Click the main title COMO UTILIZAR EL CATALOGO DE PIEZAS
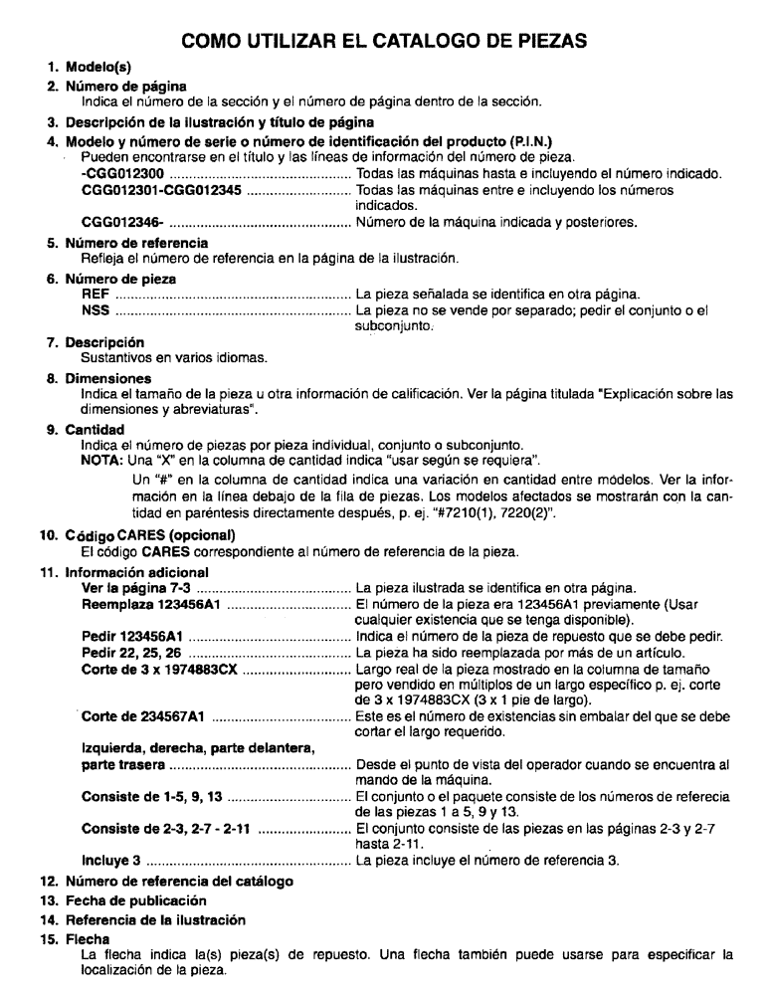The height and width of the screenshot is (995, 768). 384,46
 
